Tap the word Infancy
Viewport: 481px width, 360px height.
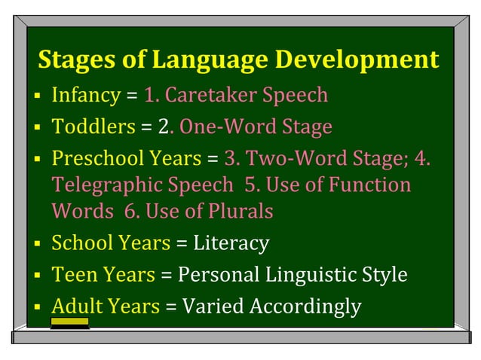click(x=85, y=96)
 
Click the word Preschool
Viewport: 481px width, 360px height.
click(x=92, y=159)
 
